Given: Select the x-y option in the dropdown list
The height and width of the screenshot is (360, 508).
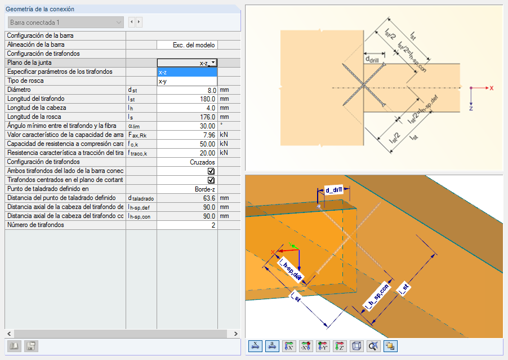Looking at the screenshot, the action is (x=187, y=81).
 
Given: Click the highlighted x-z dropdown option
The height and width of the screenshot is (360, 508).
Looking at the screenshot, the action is (x=187, y=72).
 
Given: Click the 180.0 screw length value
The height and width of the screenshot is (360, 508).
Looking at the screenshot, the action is (x=207, y=99).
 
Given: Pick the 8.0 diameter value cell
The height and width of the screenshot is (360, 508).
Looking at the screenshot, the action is (x=212, y=90).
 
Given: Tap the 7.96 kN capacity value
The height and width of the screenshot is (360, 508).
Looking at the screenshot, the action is (x=209, y=135).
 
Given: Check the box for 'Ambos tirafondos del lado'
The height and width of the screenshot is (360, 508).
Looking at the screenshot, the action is (x=211, y=171).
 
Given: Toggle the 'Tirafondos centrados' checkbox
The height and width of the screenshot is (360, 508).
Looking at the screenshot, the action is (x=211, y=180).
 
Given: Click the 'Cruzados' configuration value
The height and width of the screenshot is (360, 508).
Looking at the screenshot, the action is (x=202, y=162).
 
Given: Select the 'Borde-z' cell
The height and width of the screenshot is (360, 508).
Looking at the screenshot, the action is (x=205, y=189).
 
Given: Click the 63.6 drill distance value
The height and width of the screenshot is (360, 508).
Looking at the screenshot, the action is (x=209, y=198).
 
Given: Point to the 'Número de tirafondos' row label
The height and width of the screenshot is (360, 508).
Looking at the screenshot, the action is (x=35, y=225).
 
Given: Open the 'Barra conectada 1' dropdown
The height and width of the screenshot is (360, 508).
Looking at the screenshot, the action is (x=66, y=23).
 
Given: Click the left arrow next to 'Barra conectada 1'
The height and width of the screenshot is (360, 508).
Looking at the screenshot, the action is (x=132, y=22).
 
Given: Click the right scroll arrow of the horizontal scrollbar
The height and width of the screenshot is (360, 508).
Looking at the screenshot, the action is (x=235, y=334).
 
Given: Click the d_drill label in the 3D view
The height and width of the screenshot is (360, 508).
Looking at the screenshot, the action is (x=334, y=190).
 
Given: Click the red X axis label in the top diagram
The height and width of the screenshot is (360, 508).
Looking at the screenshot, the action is (x=492, y=88).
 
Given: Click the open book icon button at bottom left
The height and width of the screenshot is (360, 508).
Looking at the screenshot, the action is (x=14, y=346).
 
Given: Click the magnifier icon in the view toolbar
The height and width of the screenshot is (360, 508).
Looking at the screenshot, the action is (x=373, y=346).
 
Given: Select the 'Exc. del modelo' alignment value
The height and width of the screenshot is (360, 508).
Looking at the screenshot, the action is (x=194, y=45).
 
